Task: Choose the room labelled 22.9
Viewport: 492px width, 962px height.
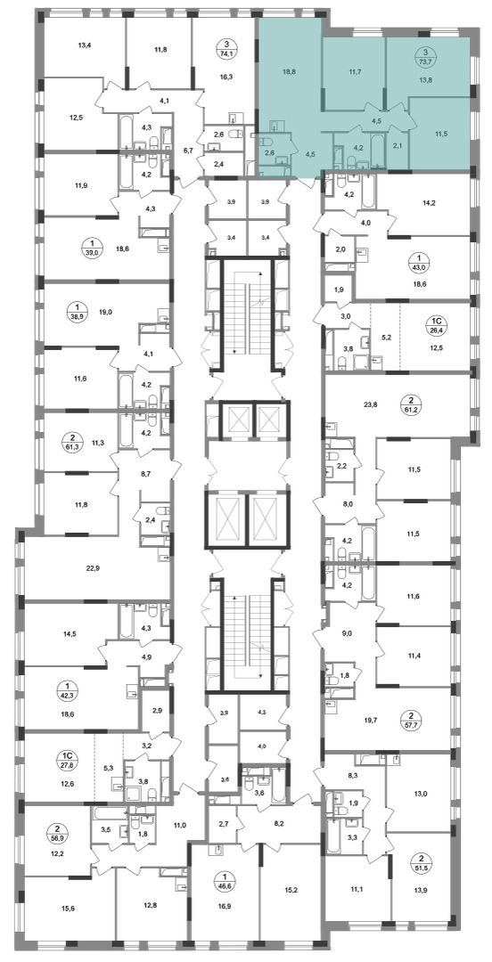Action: pos(92,567)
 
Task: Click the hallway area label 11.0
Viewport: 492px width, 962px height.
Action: pos(180,825)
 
